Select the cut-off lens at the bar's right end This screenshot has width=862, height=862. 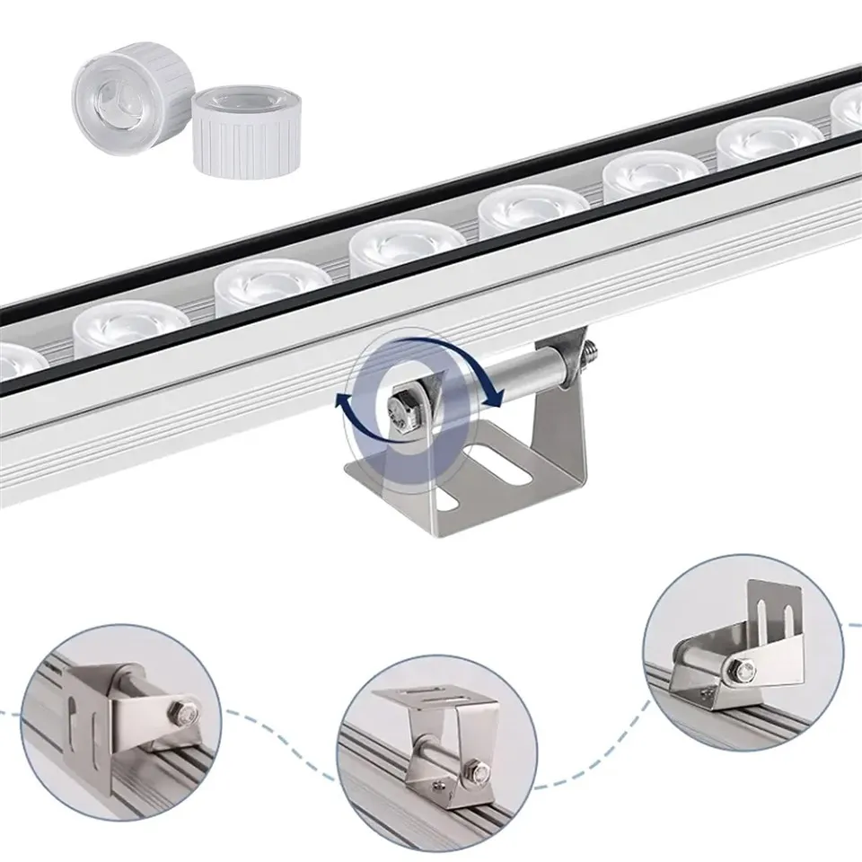848,110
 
